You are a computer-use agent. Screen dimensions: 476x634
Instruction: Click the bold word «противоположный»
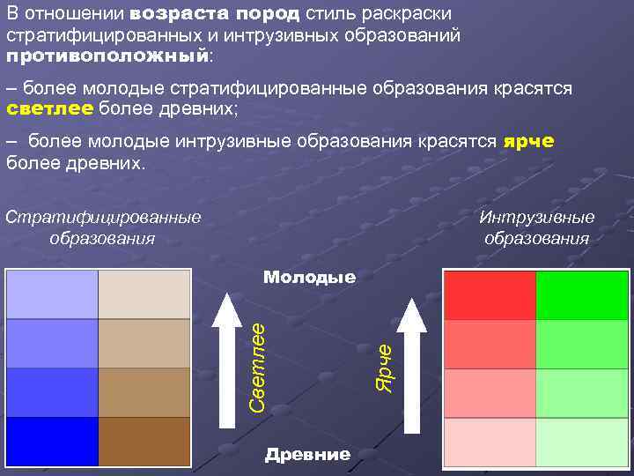click(x=107, y=56)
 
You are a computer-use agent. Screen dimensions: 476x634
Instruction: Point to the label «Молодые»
click(x=310, y=277)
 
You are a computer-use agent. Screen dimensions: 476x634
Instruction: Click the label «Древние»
click(x=307, y=455)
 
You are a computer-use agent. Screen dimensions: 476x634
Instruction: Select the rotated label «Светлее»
click(x=257, y=366)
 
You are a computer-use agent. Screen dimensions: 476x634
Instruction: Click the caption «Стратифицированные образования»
click(x=103, y=227)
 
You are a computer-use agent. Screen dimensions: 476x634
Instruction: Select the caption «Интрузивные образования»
click(x=536, y=227)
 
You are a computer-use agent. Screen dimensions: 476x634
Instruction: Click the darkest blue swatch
click(x=52, y=441)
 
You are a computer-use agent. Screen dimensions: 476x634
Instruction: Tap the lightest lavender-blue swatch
click(x=52, y=294)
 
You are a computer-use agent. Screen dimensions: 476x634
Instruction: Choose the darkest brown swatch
click(x=144, y=441)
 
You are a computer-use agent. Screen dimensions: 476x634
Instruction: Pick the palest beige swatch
click(x=144, y=294)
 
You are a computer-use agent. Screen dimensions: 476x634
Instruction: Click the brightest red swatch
click(x=490, y=295)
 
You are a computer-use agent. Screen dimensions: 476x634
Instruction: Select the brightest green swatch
click(x=581, y=295)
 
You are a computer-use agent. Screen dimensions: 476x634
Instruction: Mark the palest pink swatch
click(x=490, y=442)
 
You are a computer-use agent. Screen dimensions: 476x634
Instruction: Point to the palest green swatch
click(x=581, y=442)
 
